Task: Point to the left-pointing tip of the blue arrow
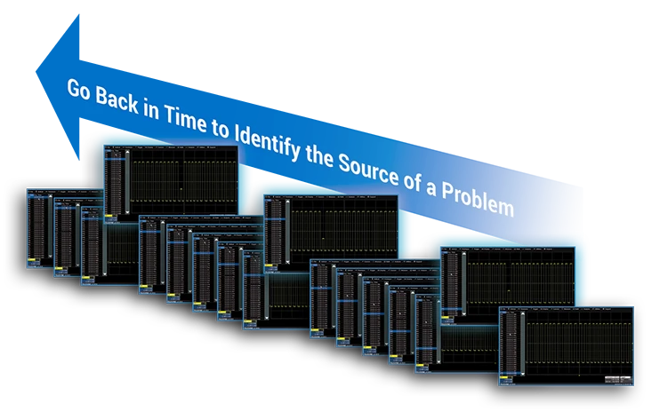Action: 37,66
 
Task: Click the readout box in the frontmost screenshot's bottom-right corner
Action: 616,379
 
